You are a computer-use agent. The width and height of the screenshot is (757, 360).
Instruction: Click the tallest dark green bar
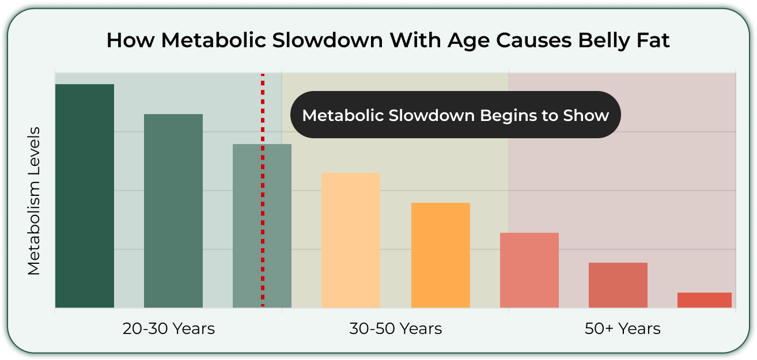click(x=85, y=196)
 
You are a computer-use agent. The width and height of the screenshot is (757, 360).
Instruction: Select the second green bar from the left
click(x=173, y=211)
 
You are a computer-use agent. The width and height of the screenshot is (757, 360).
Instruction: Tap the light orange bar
click(x=351, y=240)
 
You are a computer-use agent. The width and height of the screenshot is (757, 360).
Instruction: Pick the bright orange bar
click(x=441, y=255)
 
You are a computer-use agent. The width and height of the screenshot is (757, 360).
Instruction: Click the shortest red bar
click(x=705, y=300)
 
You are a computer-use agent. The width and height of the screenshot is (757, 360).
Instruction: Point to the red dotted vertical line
click(x=263, y=190)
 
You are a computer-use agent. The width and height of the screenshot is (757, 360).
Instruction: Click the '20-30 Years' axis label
click(x=169, y=328)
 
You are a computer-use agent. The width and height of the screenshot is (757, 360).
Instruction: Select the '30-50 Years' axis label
click(x=395, y=328)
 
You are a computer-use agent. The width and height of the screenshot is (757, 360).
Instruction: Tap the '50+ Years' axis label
click(x=623, y=328)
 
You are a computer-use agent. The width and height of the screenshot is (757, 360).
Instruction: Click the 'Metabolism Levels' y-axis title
click(x=34, y=201)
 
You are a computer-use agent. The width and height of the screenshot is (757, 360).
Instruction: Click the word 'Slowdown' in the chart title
click(x=327, y=40)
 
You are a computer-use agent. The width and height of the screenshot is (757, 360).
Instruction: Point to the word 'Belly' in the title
click(x=604, y=41)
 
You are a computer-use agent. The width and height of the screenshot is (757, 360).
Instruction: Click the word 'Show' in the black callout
click(x=586, y=115)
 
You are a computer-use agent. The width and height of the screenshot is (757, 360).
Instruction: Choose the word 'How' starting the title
click(x=130, y=40)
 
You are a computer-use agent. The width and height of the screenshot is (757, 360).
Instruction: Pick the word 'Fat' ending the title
click(x=653, y=40)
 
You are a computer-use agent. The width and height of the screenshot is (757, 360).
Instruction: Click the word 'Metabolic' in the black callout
click(x=343, y=115)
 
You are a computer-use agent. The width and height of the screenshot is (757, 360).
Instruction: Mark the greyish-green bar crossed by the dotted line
click(x=262, y=226)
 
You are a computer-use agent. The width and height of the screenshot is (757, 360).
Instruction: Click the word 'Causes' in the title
click(x=533, y=40)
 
